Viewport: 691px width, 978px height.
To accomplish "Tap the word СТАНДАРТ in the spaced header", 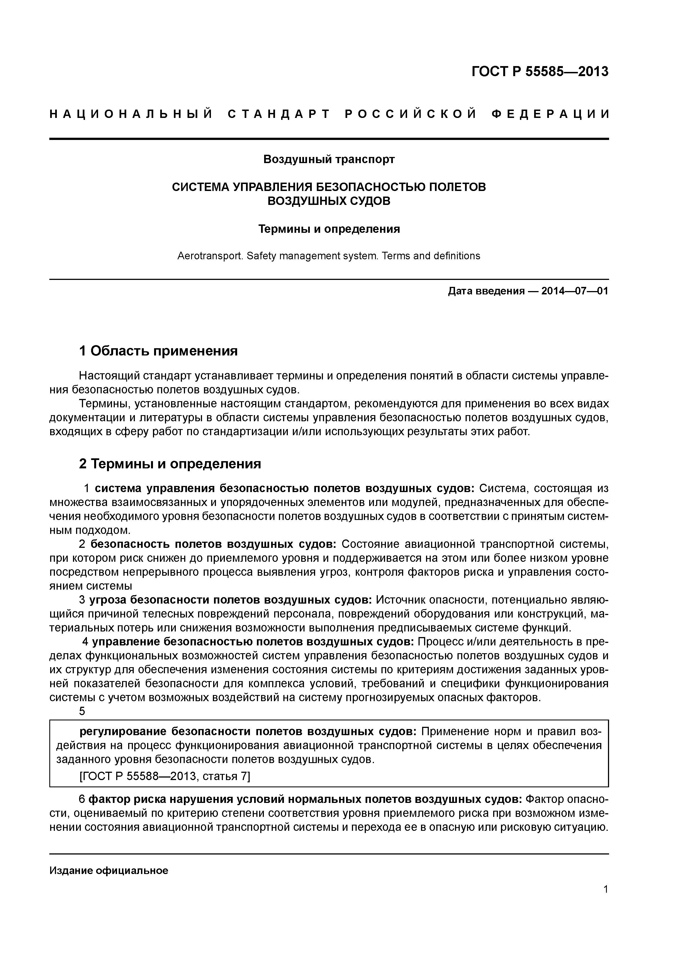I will pos(279,114).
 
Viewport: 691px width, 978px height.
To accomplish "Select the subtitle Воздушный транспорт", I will pos(329,159).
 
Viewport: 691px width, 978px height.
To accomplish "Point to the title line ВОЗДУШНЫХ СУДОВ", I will pos(329,201).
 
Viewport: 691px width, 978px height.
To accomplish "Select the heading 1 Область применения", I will pos(158,351).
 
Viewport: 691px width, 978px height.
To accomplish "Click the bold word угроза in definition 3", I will pos(107,600).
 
